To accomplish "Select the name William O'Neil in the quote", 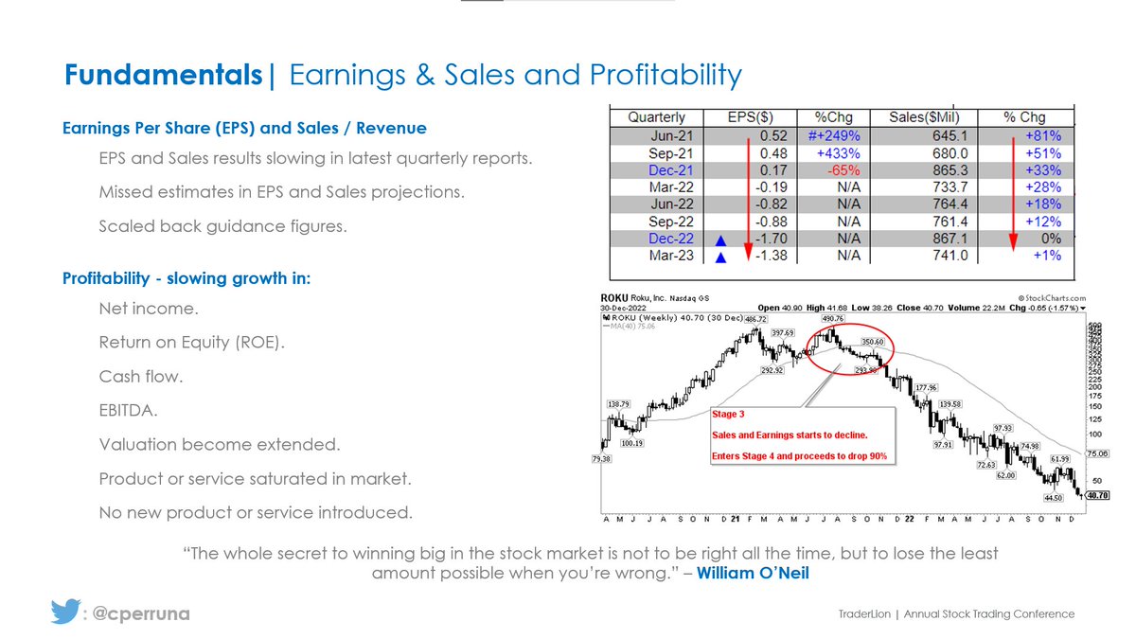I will pyautogui.click(x=753, y=573).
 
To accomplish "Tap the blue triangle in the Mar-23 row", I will pyautogui.click(x=721, y=257).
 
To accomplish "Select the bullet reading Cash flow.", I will pyautogui.click(x=141, y=376).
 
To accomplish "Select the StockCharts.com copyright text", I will pyautogui.click(x=1048, y=296).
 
